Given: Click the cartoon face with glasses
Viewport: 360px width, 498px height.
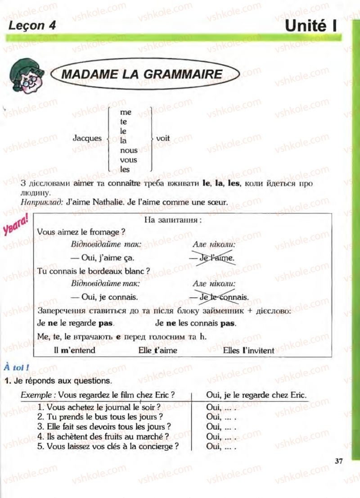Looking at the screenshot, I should [26, 76].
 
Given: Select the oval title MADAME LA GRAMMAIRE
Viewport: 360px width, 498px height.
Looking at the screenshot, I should [141, 74].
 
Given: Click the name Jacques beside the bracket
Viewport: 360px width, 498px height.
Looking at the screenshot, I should [87, 138].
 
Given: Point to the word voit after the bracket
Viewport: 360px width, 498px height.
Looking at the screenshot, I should [163, 138].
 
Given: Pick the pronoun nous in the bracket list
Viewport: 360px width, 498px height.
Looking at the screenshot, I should [129, 150].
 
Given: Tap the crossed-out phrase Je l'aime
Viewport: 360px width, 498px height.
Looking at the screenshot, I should [212, 258].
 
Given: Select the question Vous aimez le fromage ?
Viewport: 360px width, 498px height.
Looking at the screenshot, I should [81, 232].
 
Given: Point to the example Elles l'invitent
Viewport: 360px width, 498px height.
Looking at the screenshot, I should [248, 350].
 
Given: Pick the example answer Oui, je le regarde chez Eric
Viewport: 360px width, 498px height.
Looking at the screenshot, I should [256, 395].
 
